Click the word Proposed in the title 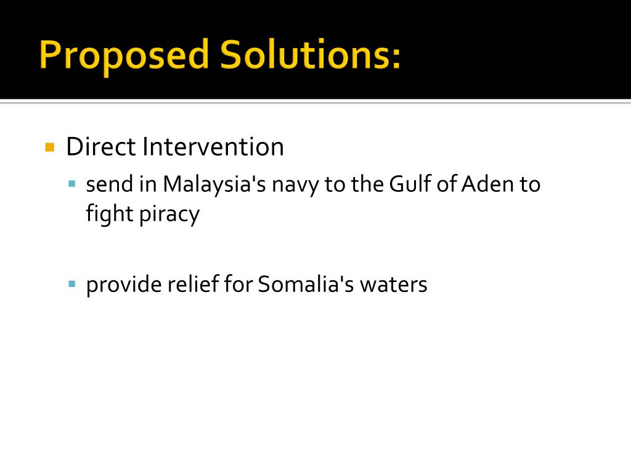124,56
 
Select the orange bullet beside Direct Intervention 50,147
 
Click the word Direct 101,146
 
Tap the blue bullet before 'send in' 72,184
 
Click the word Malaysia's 214,185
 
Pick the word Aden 487,184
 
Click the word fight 110,214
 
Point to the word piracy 169,215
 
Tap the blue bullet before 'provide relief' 72,284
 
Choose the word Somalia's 306,284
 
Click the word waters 394,285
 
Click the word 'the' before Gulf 367,184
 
